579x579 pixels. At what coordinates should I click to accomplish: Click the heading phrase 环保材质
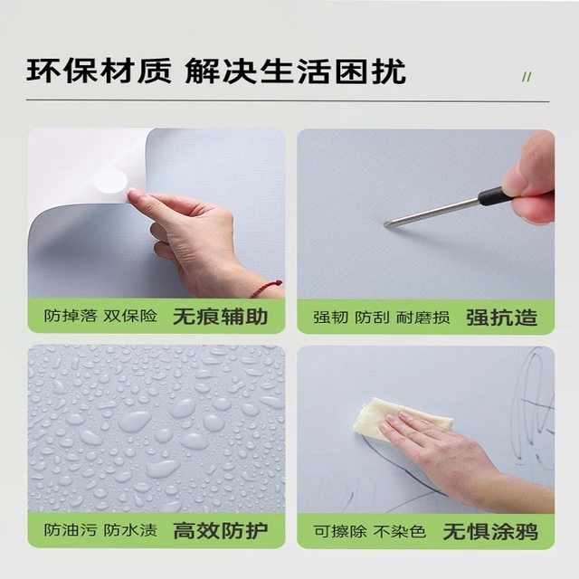pos(99,71)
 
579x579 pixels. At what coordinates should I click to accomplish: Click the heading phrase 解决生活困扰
pos(296,71)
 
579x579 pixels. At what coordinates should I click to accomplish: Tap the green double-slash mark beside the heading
pos(527,77)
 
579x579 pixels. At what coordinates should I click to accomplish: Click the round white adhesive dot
pos(110,181)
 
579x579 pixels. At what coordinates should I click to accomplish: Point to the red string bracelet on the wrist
pos(266,289)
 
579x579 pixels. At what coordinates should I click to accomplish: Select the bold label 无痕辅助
pos(220,317)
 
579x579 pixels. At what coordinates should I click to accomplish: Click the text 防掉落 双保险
pos(100,316)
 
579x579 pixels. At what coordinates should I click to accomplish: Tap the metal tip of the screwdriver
pos(386,224)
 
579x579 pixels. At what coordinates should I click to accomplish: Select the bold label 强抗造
pos(501,318)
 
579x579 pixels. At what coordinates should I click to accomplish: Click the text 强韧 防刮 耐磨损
pos(382,318)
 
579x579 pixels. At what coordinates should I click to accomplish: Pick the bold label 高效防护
pos(221,531)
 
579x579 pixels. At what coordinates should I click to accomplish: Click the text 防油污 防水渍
pos(100,531)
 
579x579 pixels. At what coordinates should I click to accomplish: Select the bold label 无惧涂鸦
pos(490,532)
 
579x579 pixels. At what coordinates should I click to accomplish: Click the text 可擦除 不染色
pos(370,532)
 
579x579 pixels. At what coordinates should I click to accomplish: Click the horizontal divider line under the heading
pos(288,100)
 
